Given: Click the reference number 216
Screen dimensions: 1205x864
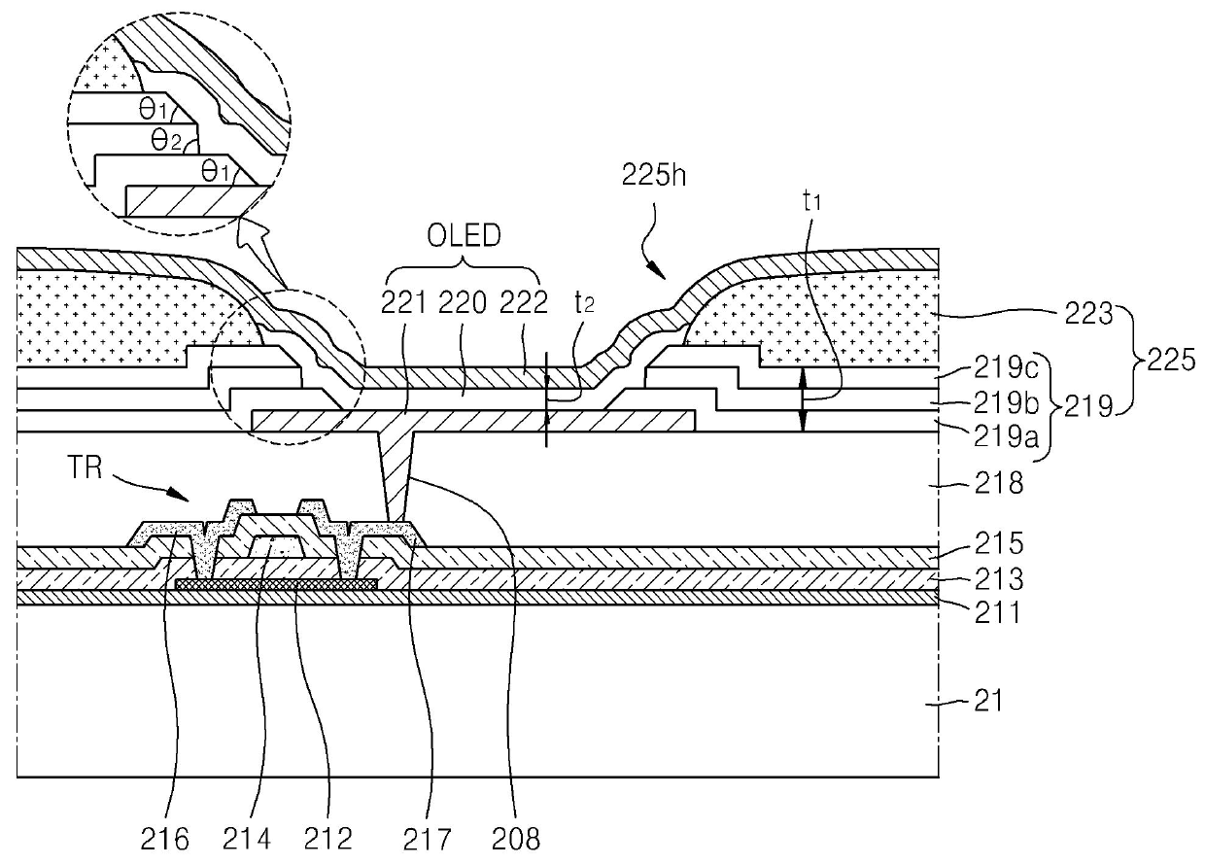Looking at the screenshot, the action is [x=164, y=839].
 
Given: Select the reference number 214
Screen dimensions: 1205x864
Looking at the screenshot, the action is [x=247, y=839].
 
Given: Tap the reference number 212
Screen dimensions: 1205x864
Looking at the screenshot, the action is [x=328, y=839].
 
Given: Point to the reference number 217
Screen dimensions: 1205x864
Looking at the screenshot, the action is [x=427, y=839].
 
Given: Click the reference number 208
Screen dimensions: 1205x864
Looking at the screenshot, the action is [x=515, y=839].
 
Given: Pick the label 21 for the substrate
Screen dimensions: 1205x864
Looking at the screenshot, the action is [x=988, y=701].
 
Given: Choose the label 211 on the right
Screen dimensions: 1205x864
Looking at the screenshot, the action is [x=998, y=612].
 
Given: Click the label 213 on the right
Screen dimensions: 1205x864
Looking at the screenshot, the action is [x=999, y=579].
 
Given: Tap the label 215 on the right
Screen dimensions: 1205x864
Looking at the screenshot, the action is [x=999, y=543].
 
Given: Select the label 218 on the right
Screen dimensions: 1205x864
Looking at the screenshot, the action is [x=999, y=483].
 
